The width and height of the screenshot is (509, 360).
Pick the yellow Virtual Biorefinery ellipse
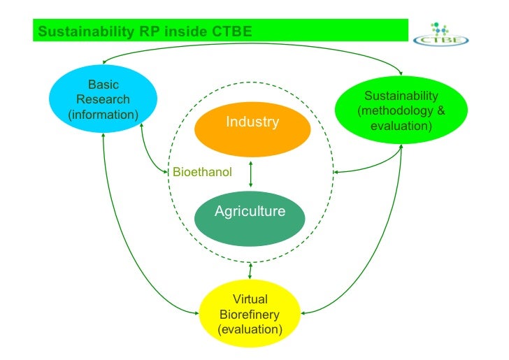[x=250, y=314]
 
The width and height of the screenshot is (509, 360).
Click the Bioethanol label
[x=202, y=171]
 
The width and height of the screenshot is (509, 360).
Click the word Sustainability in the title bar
[x=78, y=31]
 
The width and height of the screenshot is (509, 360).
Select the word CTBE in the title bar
[x=227, y=31]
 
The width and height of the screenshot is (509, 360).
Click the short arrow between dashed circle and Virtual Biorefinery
[x=250, y=269]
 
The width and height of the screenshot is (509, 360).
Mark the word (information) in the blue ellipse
[x=103, y=114]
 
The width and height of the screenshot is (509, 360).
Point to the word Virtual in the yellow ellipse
[x=250, y=299]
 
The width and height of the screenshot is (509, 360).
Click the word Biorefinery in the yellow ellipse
[x=250, y=314]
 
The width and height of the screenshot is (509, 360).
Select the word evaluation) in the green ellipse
[x=401, y=127]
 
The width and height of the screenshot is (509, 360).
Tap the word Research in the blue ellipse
[x=103, y=99]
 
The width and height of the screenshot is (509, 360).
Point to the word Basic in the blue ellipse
[x=103, y=85]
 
